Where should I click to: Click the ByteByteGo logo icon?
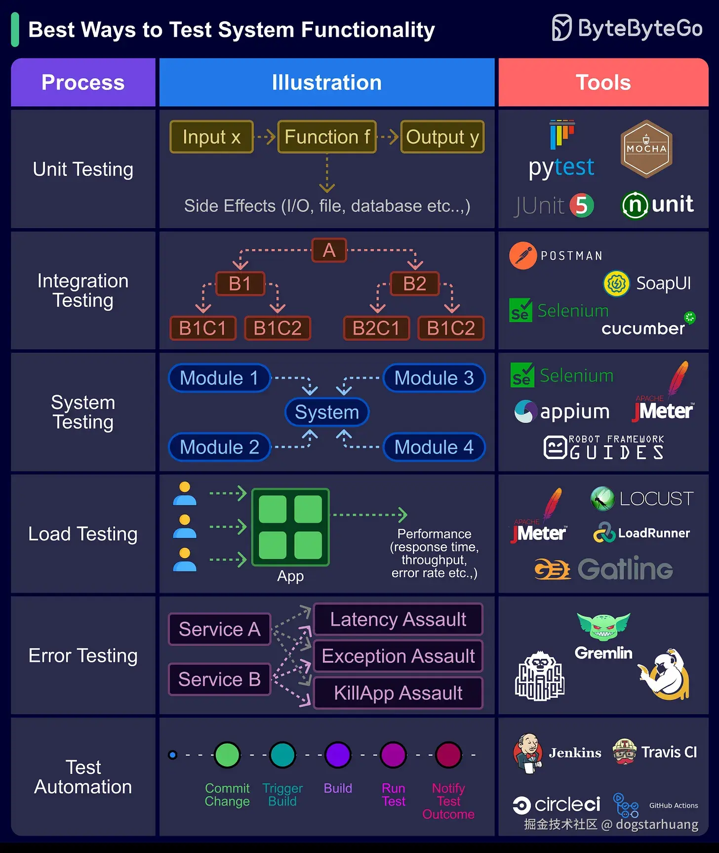(561, 28)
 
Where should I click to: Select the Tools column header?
(603, 82)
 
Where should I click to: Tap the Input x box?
(211, 137)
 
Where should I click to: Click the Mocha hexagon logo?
(646, 149)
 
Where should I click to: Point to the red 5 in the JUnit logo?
(582, 205)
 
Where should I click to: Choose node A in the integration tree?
(329, 250)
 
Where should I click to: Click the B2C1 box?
(376, 328)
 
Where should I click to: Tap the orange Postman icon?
(523, 255)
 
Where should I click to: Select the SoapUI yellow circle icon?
(616, 284)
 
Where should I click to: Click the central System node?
(327, 412)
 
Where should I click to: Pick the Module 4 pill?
(434, 447)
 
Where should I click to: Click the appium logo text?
(575, 412)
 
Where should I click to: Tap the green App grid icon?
(290, 527)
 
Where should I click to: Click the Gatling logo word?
(625, 569)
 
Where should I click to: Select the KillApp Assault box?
(398, 693)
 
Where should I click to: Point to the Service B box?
(219, 679)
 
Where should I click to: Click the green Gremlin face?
(603, 626)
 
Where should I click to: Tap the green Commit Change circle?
(227, 755)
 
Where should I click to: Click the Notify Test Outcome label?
(448, 801)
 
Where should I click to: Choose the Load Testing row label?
(83, 534)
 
